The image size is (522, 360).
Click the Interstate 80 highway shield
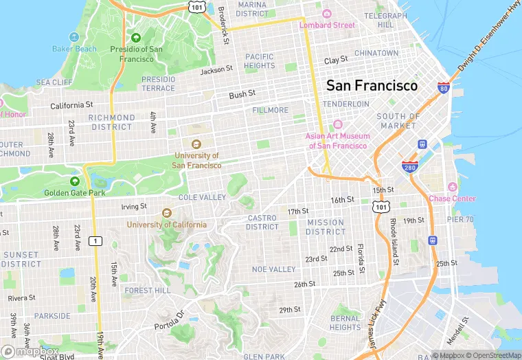444,88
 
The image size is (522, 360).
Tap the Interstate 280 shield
410,167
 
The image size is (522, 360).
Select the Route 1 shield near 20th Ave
96,240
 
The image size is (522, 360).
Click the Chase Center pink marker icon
452,188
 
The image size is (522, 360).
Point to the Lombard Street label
327,25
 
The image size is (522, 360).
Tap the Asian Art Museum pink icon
337,124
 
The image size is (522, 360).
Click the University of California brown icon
166,213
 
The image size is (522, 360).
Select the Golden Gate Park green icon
74,181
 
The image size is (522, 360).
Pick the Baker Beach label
74,49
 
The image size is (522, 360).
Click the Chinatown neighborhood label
376,53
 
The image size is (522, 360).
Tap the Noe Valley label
273,269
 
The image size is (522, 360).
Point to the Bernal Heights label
345,323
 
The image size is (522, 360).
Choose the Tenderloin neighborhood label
346,104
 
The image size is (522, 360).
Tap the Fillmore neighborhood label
271,110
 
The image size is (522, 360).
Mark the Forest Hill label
147,291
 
